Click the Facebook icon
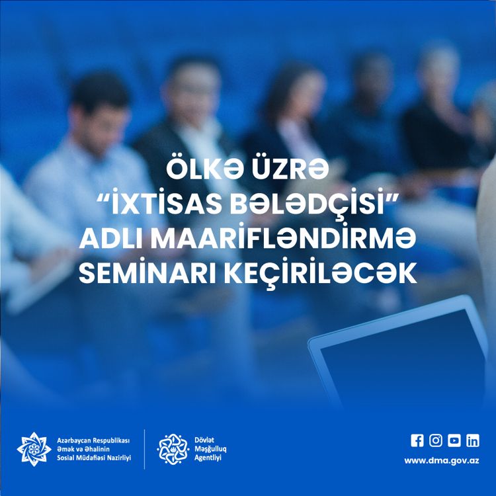[x=417, y=440]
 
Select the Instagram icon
[x=436, y=440]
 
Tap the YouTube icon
[x=454, y=440]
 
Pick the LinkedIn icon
[x=473, y=440]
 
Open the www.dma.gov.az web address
[x=442, y=460]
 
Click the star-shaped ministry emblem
[x=34, y=449]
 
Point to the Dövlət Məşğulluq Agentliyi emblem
[x=173, y=449]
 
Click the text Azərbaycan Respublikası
[x=94, y=440]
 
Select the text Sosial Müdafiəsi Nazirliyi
[x=94, y=458]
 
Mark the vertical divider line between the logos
[x=145, y=449]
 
